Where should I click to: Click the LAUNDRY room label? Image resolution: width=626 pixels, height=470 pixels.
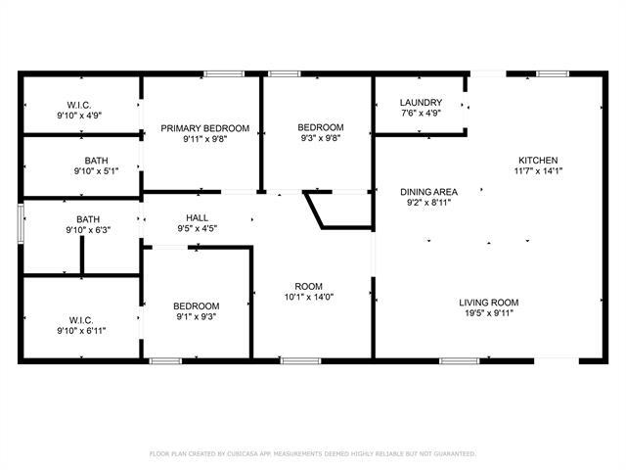[422, 103]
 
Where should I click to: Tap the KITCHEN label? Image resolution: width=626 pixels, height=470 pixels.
[538, 160]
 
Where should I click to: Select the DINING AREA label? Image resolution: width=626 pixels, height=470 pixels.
[428, 192]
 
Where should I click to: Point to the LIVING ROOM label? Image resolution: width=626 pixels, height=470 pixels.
[489, 303]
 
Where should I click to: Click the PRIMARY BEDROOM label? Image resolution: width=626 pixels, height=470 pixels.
[205, 128]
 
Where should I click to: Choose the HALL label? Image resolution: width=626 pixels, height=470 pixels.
[197, 217]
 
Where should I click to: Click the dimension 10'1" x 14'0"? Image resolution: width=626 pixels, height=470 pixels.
[309, 298]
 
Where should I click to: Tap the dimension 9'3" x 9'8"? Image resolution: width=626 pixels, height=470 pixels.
[321, 140]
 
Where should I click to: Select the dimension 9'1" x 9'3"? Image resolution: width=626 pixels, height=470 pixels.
[197, 317]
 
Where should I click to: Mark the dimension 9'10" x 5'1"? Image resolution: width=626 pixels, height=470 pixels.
[96, 171]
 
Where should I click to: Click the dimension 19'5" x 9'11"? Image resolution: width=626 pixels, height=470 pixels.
[489, 313]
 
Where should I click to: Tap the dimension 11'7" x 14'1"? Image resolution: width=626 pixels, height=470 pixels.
[538, 170]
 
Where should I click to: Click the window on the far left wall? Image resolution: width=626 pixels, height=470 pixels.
[20, 223]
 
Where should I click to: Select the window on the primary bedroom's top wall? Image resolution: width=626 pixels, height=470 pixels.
[224, 72]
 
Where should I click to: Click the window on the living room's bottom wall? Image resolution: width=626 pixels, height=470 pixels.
[459, 361]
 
